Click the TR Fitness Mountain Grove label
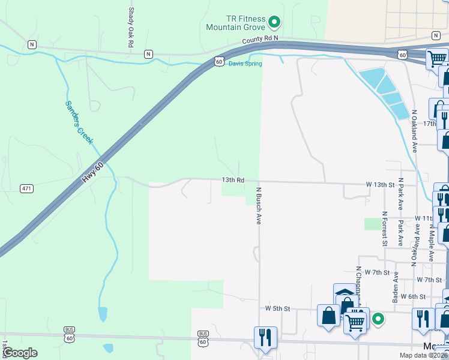point(236,23)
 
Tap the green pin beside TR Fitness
point(274,23)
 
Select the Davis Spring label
point(245,64)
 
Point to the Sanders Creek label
point(79,122)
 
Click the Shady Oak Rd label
point(130,28)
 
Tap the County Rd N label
point(261,39)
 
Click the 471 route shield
point(26,188)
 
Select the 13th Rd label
point(233,179)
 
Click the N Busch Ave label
point(259,206)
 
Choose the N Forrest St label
point(384,228)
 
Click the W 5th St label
point(278,308)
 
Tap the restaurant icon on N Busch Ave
point(265,337)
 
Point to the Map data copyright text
point(423,355)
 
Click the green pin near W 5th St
point(378,319)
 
